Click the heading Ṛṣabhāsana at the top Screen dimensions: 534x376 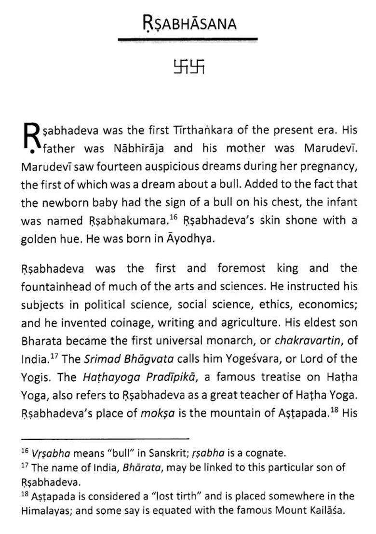click(x=189, y=23)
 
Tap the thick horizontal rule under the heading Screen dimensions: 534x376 click(x=188, y=39)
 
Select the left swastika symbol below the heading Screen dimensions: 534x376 click(x=181, y=67)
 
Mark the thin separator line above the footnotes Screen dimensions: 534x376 click(x=105, y=439)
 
